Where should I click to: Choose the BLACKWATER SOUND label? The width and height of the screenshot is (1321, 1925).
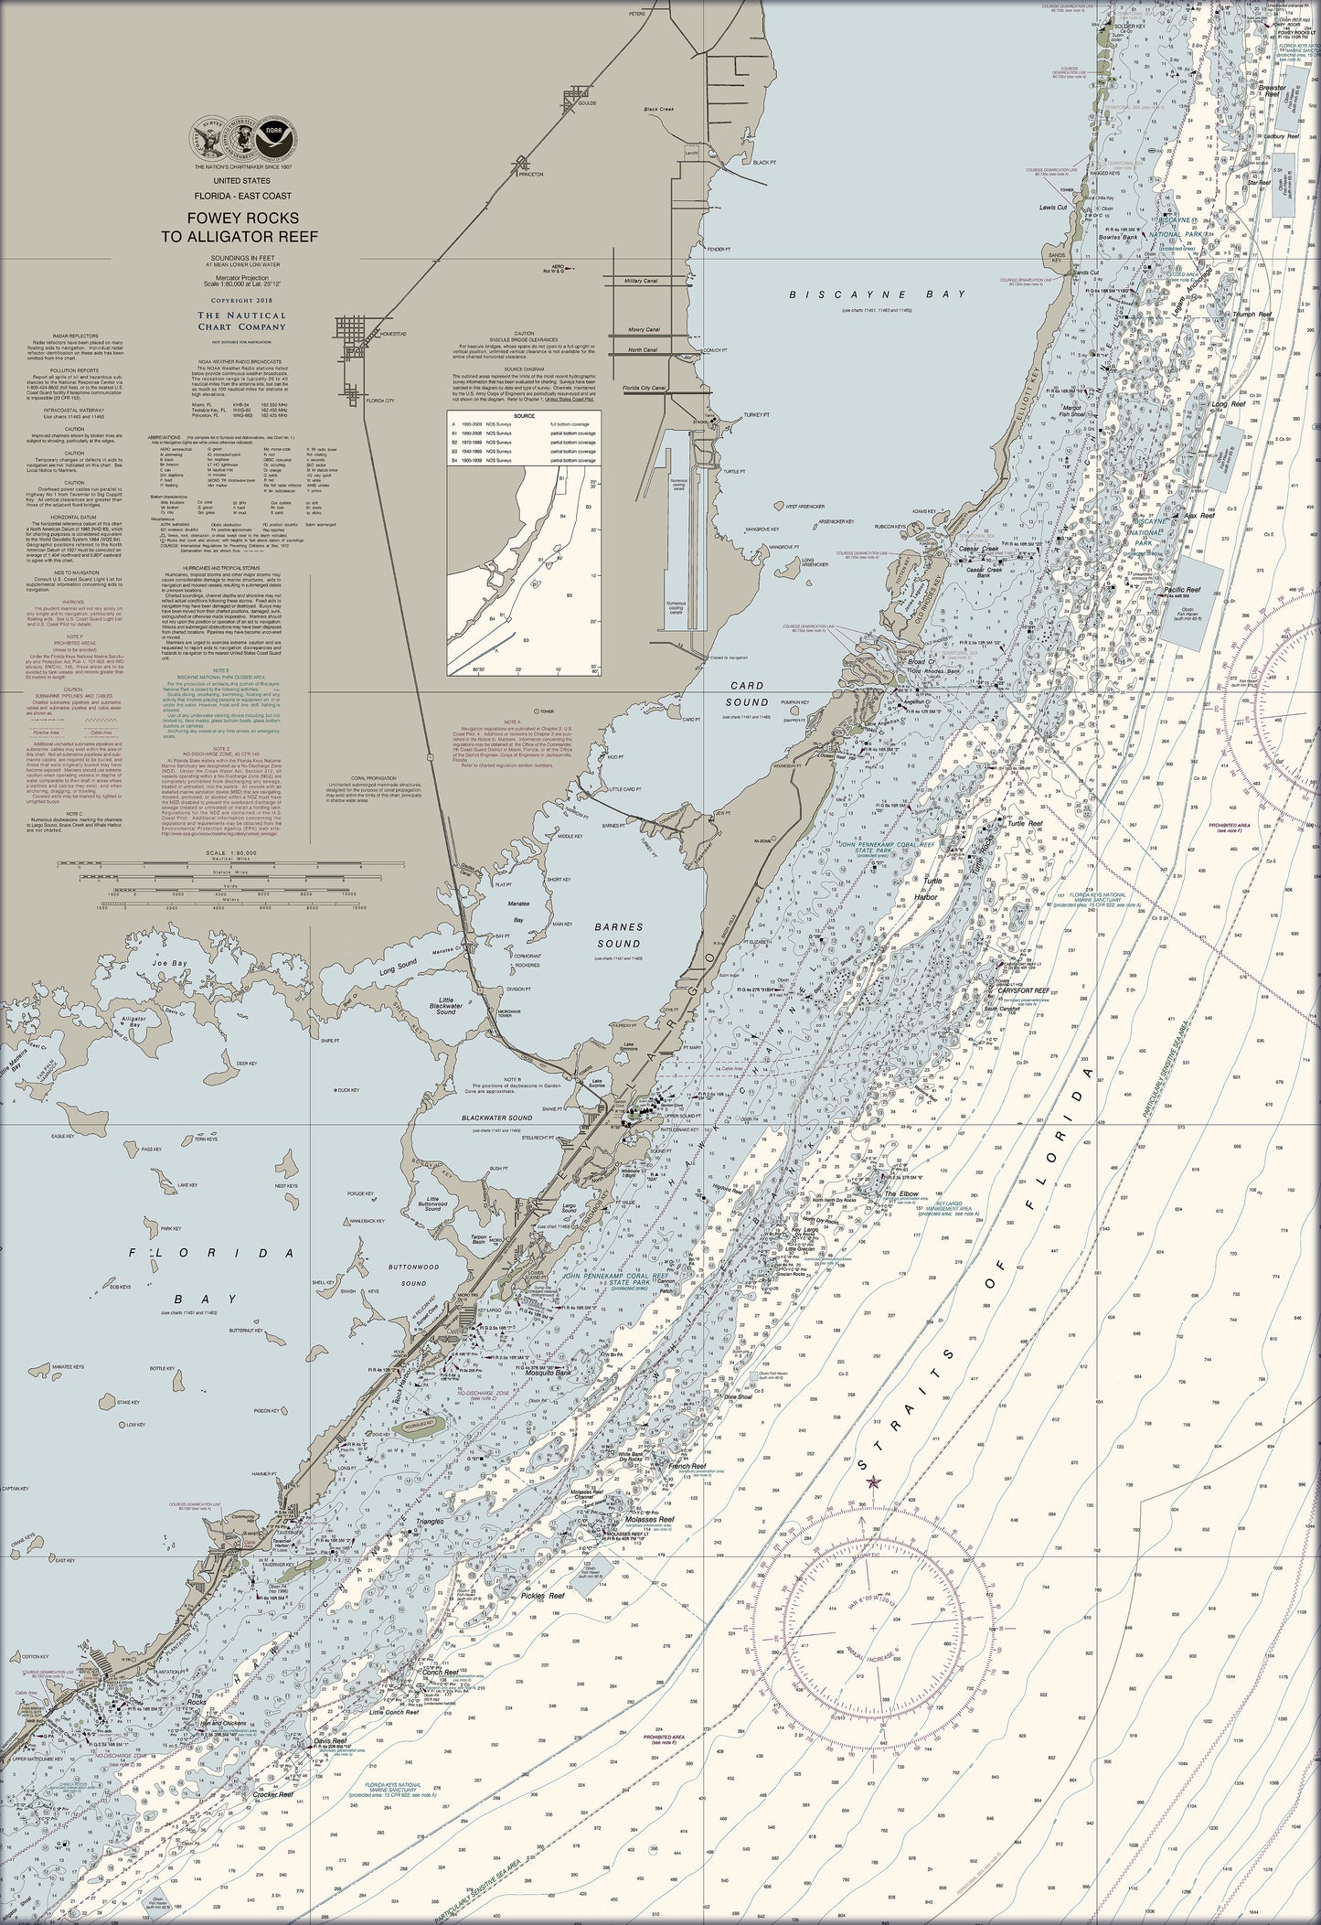click(496, 1118)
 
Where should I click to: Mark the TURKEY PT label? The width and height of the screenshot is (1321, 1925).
click(757, 414)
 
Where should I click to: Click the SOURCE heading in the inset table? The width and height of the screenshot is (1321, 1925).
click(525, 415)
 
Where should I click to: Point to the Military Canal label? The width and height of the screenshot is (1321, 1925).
click(641, 281)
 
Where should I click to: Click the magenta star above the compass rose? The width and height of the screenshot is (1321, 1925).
click(871, 1482)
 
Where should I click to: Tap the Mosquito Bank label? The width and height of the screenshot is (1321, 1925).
click(549, 1374)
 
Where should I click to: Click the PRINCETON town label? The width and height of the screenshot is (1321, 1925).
click(529, 173)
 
